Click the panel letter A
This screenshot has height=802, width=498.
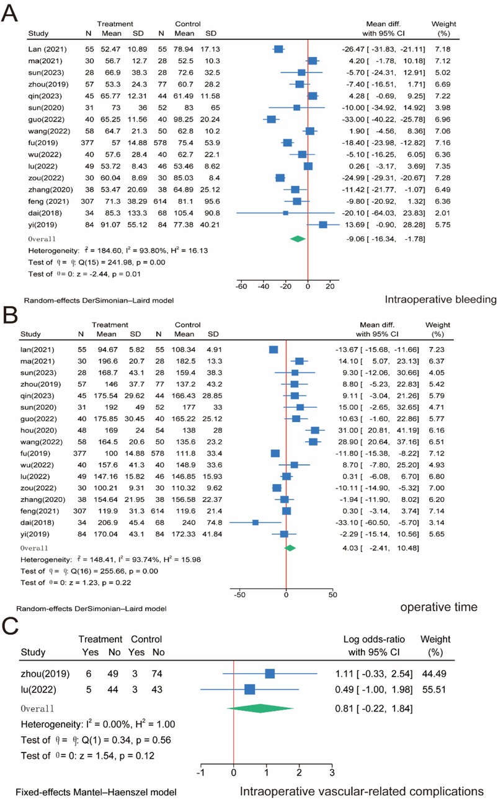tap(11, 13)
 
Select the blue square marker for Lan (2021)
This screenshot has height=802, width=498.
tap(279, 48)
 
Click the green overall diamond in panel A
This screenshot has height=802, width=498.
tap(298, 239)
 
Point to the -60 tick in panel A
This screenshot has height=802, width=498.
tap(241, 287)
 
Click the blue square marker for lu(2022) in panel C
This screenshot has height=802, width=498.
tap(249, 689)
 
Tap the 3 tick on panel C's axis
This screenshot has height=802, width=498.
tap(332, 772)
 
